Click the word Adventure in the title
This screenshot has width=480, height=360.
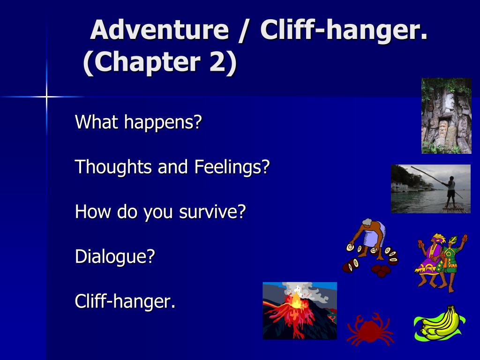[x=159, y=30]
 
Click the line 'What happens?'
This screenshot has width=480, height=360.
[x=138, y=122]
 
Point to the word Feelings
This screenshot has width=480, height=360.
[x=232, y=167]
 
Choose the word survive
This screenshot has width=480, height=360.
[x=212, y=212]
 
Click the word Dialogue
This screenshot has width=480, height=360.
[x=115, y=257]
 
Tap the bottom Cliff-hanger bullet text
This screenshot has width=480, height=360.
[x=125, y=301]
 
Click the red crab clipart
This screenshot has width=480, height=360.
[x=370, y=330]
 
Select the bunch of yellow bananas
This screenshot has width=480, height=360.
[x=440, y=323]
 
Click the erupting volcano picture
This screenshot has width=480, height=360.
[x=300, y=311]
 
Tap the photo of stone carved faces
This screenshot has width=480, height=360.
[x=446, y=116]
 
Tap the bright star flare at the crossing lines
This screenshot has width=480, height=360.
[x=46, y=97]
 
